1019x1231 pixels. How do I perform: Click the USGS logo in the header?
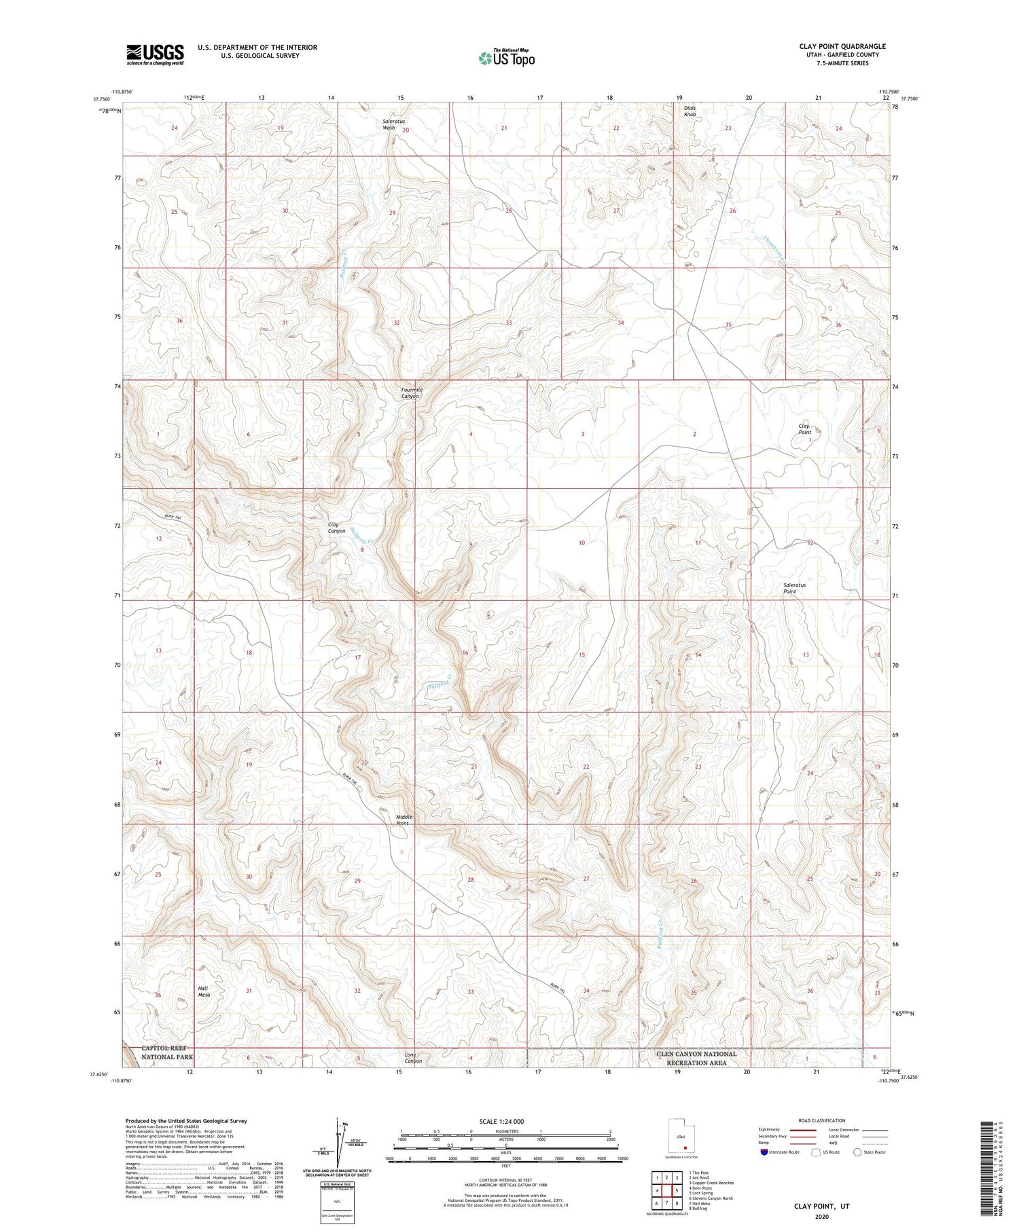(x=155, y=54)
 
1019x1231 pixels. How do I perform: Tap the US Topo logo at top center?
(x=506, y=58)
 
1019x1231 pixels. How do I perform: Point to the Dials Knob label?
(x=690, y=111)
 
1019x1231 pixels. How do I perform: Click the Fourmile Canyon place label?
(x=411, y=392)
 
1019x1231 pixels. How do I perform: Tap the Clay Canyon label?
(x=336, y=528)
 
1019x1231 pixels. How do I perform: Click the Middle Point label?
(x=404, y=820)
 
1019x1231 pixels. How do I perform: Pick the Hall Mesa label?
(x=204, y=991)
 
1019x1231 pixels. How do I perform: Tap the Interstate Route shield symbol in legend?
(x=764, y=1152)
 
